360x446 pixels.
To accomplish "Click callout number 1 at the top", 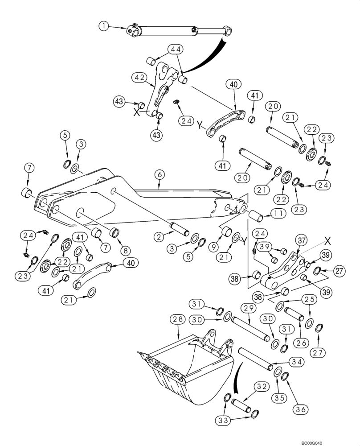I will (x=103, y=27).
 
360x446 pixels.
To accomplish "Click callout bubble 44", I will (x=175, y=49).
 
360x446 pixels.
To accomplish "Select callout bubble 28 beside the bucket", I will (x=176, y=319).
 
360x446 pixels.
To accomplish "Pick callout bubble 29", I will (x=249, y=308).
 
